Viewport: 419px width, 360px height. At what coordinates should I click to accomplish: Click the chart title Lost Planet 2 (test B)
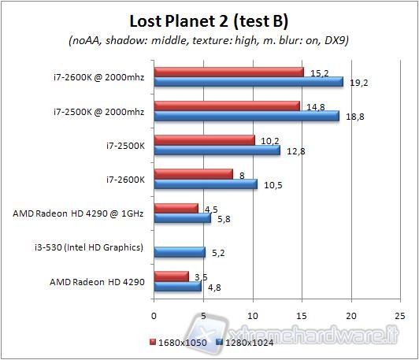(209, 19)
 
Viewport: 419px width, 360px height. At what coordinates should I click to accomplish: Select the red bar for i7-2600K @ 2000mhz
(229, 72)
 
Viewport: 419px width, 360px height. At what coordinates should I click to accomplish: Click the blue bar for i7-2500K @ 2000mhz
(247, 116)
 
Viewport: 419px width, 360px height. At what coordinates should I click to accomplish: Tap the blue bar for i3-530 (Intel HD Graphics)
(180, 252)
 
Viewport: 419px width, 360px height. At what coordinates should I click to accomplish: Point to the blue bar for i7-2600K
(206, 184)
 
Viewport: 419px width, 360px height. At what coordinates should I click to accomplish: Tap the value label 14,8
(313, 106)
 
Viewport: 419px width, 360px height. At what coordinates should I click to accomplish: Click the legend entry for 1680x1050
(176, 343)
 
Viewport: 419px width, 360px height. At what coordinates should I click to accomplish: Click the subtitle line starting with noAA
(209, 41)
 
